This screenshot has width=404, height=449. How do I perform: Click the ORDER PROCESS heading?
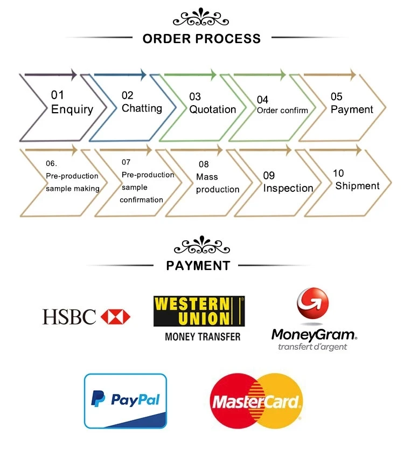click(201, 38)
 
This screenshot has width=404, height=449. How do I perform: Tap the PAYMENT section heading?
click(198, 265)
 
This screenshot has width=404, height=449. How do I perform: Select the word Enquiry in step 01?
click(72, 109)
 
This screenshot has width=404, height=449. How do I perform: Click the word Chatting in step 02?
click(142, 108)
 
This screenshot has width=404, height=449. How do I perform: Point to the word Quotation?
click(212, 109)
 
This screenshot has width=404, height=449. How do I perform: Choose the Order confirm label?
click(282, 110)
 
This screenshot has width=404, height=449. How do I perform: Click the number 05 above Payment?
click(337, 96)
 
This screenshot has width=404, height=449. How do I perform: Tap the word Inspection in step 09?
click(288, 188)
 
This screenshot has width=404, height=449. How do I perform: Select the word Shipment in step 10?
click(357, 186)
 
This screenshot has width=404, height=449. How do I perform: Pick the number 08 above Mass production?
click(204, 164)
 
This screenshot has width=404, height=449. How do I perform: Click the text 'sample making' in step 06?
click(73, 188)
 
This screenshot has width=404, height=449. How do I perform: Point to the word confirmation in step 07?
click(141, 199)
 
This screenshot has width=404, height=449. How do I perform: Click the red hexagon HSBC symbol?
click(115, 316)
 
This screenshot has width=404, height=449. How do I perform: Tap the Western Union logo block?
click(199, 311)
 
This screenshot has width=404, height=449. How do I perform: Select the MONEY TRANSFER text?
click(203, 337)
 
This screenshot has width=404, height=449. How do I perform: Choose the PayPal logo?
click(126, 400)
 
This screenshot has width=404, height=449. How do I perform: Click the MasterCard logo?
click(256, 401)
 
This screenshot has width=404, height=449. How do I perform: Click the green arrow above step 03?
click(190, 73)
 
